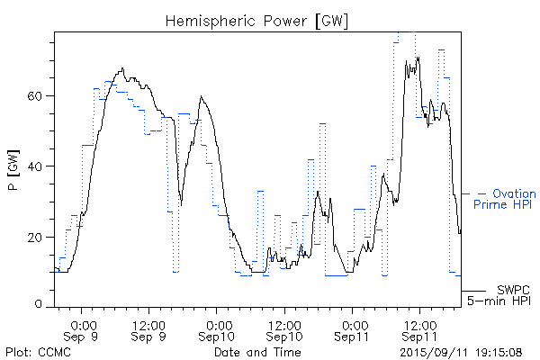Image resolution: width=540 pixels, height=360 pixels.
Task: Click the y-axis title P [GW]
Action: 13,168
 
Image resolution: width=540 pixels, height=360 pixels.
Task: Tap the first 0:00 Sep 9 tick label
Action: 83,329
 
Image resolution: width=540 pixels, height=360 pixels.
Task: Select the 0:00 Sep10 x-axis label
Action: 217,329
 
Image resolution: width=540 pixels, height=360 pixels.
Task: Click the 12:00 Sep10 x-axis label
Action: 283,329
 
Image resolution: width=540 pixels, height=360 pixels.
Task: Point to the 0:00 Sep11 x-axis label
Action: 352,329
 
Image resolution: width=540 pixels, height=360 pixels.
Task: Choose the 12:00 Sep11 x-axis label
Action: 418,329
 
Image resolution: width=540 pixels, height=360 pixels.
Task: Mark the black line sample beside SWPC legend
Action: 473,291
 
